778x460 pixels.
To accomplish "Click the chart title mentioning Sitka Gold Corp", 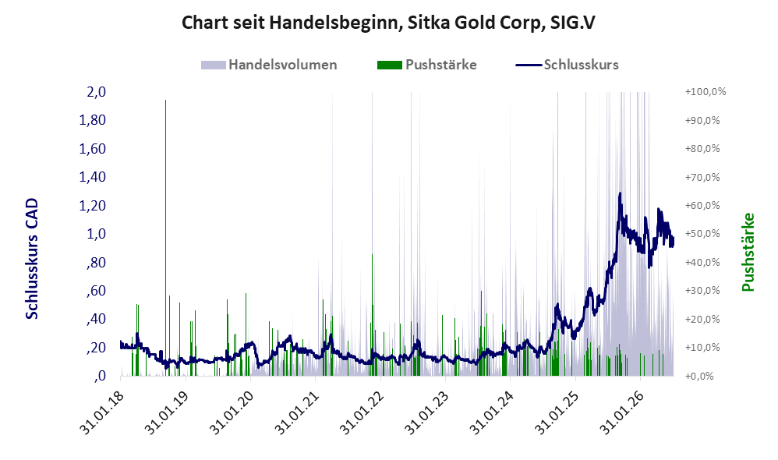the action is (x=388, y=23).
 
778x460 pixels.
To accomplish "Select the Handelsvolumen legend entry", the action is (x=269, y=65).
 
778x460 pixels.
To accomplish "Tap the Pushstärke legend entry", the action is (x=426, y=65).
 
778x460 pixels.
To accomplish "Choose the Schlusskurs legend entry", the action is (x=567, y=65).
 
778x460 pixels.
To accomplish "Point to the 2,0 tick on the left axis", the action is (x=96, y=92).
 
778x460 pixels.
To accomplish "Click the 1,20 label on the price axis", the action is (x=92, y=205).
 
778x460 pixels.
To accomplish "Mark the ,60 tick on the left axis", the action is (x=96, y=290).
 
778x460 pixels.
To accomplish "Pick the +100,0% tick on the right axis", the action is (x=705, y=92).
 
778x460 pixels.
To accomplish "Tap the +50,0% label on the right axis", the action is (x=702, y=234).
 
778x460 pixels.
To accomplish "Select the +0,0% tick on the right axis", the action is (x=699, y=376).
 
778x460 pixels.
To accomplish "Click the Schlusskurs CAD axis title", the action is (x=32, y=259).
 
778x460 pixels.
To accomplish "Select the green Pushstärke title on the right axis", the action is (x=748, y=252).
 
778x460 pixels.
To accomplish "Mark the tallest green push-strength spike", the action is (x=166, y=238).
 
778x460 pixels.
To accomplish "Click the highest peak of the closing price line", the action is (x=620, y=194).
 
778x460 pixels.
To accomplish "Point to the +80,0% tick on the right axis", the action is (x=702, y=148).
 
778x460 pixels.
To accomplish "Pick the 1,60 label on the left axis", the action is (x=92, y=148).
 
